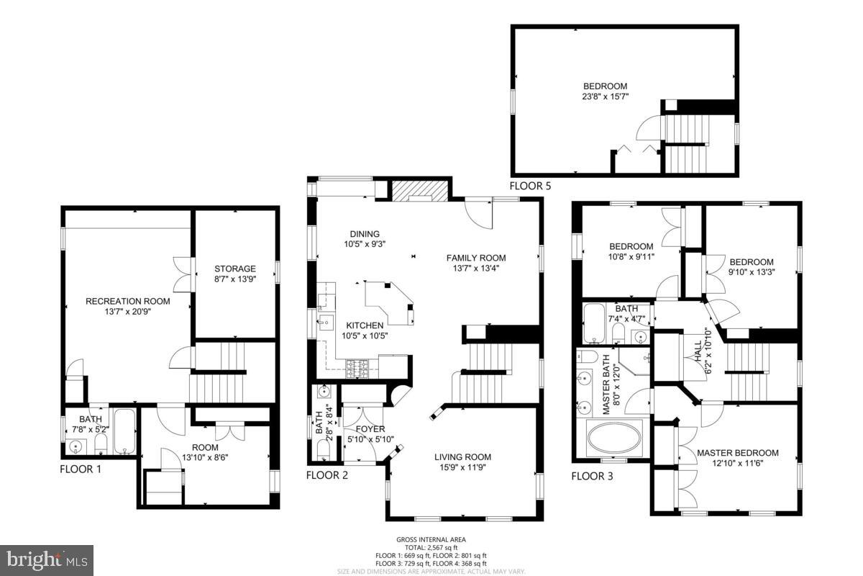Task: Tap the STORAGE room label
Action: point(234,269)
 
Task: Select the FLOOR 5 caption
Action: point(530,186)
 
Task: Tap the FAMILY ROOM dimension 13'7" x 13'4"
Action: point(475,269)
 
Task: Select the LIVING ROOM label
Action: point(462,456)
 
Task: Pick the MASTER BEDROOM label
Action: point(737,453)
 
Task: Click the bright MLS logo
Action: point(47,559)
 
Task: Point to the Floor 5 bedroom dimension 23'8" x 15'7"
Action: point(605,96)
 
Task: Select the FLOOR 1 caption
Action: point(80,469)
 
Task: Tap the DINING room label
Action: point(365,233)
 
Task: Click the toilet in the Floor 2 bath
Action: point(323,449)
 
